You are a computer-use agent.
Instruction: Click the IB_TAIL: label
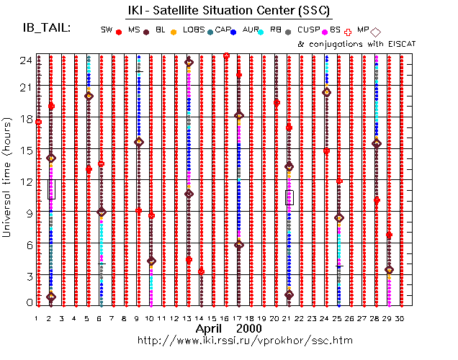(x=47, y=27)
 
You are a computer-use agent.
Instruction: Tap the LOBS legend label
(x=194, y=30)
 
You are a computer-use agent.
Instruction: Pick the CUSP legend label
(x=308, y=30)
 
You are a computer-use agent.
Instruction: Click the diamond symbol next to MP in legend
(x=376, y=31)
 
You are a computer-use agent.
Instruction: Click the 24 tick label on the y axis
(x=24, y=60)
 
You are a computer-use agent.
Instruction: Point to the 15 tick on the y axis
(x=24, y=150)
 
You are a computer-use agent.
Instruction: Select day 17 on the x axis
(x=238, y=318)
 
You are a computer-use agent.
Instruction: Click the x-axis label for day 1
(x=36, y=318)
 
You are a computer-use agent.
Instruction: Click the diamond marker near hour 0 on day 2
(x=50, y=297)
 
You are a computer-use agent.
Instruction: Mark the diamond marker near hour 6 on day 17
(x=239, y=245)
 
